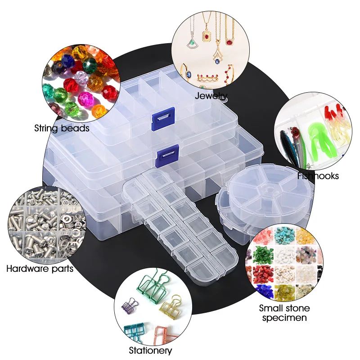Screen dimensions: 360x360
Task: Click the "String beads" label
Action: tap(62, 128)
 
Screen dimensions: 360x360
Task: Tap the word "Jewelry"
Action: tap(211, 96)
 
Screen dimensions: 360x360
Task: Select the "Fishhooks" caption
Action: tap(318, 176)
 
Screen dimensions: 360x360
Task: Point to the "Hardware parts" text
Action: tap(40, 269)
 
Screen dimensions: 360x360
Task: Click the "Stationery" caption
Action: tap(150, 350)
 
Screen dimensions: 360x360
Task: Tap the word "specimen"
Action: tap(284, 318)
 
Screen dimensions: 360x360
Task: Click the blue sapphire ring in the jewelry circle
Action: tap(186, 72)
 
